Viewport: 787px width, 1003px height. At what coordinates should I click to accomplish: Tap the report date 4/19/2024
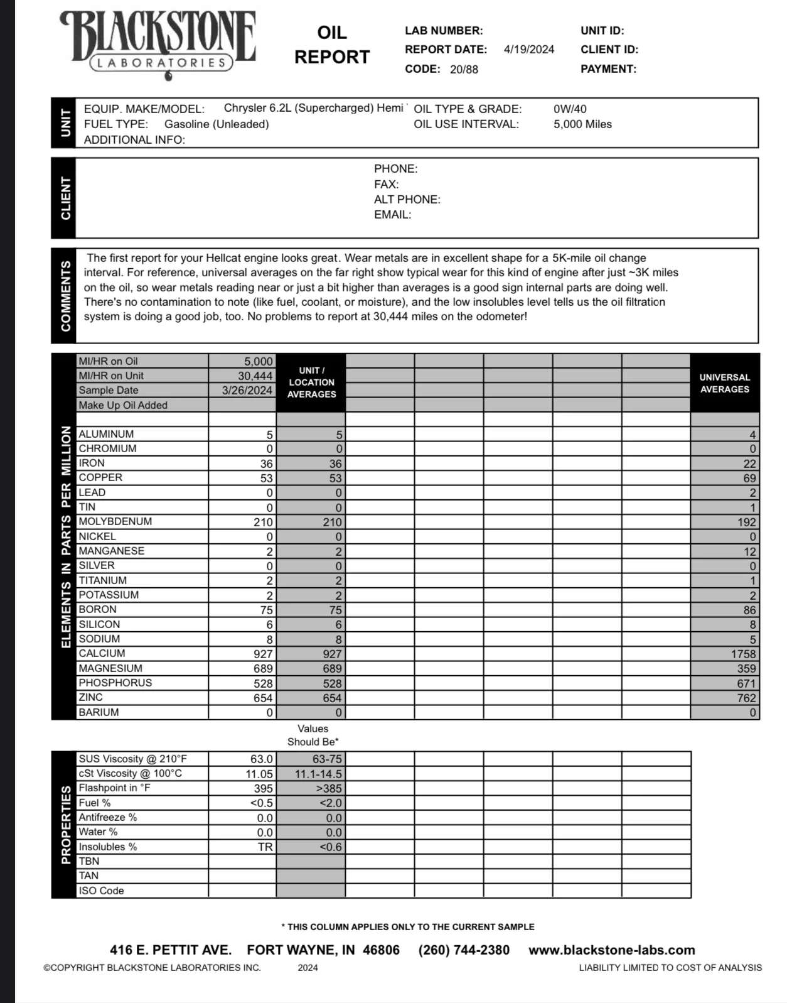tap(528, 50)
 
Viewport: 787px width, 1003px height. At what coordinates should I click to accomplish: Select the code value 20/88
tap(463, 69)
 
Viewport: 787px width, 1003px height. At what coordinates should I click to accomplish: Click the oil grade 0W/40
tap(570, 109)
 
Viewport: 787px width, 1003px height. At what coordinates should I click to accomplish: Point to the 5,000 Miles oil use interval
tap(582, 124)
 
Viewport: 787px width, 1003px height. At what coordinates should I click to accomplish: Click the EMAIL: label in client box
tap(392, 215)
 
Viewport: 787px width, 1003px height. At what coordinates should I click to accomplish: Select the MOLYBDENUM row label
tap(115, 521)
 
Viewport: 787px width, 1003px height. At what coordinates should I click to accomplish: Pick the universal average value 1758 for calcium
tap(743, 654)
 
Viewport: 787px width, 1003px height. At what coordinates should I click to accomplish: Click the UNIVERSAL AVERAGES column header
tap(724, 383)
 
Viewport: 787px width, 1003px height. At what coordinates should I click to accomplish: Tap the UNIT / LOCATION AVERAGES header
tap(311, 382)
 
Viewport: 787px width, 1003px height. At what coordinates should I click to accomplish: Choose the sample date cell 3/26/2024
tap(247, 390)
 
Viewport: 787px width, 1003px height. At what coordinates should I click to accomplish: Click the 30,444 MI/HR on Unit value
tap(255, 376)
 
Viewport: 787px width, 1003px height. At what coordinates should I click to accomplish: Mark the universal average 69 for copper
tap(749, 478)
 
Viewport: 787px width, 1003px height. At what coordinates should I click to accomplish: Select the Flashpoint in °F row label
tap(114, 788)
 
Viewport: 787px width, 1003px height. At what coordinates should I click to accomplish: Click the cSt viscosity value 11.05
tap(259, 774)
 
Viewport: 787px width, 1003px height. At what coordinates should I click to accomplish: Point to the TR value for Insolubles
tap(265, 847)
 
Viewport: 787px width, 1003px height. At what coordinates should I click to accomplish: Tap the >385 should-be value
tap(328, 788)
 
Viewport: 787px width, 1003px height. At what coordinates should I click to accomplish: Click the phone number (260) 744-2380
tap(464, 950)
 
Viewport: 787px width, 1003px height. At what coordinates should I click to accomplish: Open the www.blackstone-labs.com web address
tap(611, 950)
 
